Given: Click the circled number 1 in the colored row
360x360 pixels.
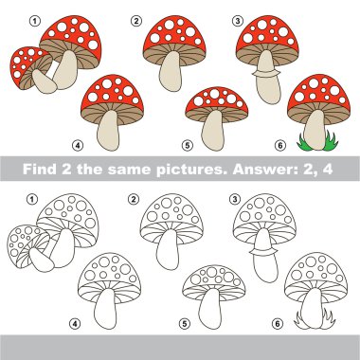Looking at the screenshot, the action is pyautogui.click(x=35, y=21).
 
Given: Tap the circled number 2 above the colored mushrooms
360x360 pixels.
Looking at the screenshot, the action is pyautogui.click(x=135, y=21).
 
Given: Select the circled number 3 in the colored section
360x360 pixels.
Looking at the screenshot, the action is pyautogui.click(x=237, y=21).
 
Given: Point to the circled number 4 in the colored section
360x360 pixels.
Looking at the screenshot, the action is pyautogui.click(x=77, y=145).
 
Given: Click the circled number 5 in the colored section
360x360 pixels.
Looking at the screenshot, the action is pyautogui.click(x=187, y=145).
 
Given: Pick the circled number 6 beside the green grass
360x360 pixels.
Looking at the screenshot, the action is pyautogui.click(x=279, y=145).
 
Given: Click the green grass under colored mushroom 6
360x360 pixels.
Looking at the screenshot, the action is pyautogui.click(x=317, y=142).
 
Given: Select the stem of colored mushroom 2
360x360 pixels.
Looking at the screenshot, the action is pyautogui.click(x=171, y=71).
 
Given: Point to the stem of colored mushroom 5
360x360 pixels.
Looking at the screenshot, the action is pyautogui.click(x=213, y=130).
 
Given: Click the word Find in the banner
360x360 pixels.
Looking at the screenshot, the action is pyautogui.click(x=40, y=170).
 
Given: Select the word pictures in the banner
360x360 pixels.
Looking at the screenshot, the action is pyautogui.click(x=192, y=170).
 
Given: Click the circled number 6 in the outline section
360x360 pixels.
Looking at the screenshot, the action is pyautogui.click(x=277, y=323).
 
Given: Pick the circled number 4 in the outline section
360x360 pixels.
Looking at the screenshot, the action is pyautogui.click(x=75, y=323).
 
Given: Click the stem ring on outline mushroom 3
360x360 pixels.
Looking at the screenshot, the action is pyautogui.click(x=264, y=252).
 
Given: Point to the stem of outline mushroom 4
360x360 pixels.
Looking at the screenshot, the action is pyautogui.click(x=105, y=309).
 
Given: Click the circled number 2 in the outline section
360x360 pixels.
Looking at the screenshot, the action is pyautogui.click(x=133, y=199).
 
